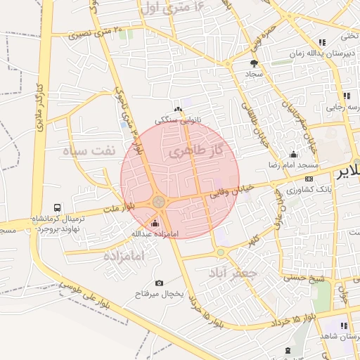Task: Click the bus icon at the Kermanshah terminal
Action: tap(57, 208)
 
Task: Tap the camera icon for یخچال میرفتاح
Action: tap(159, 283)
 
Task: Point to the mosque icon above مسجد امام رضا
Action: tap(293, 155)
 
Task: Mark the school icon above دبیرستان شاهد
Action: tap(344, 326)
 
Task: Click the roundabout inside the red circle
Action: tap(159, 202)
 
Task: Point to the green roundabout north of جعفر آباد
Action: tap(220, 252)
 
